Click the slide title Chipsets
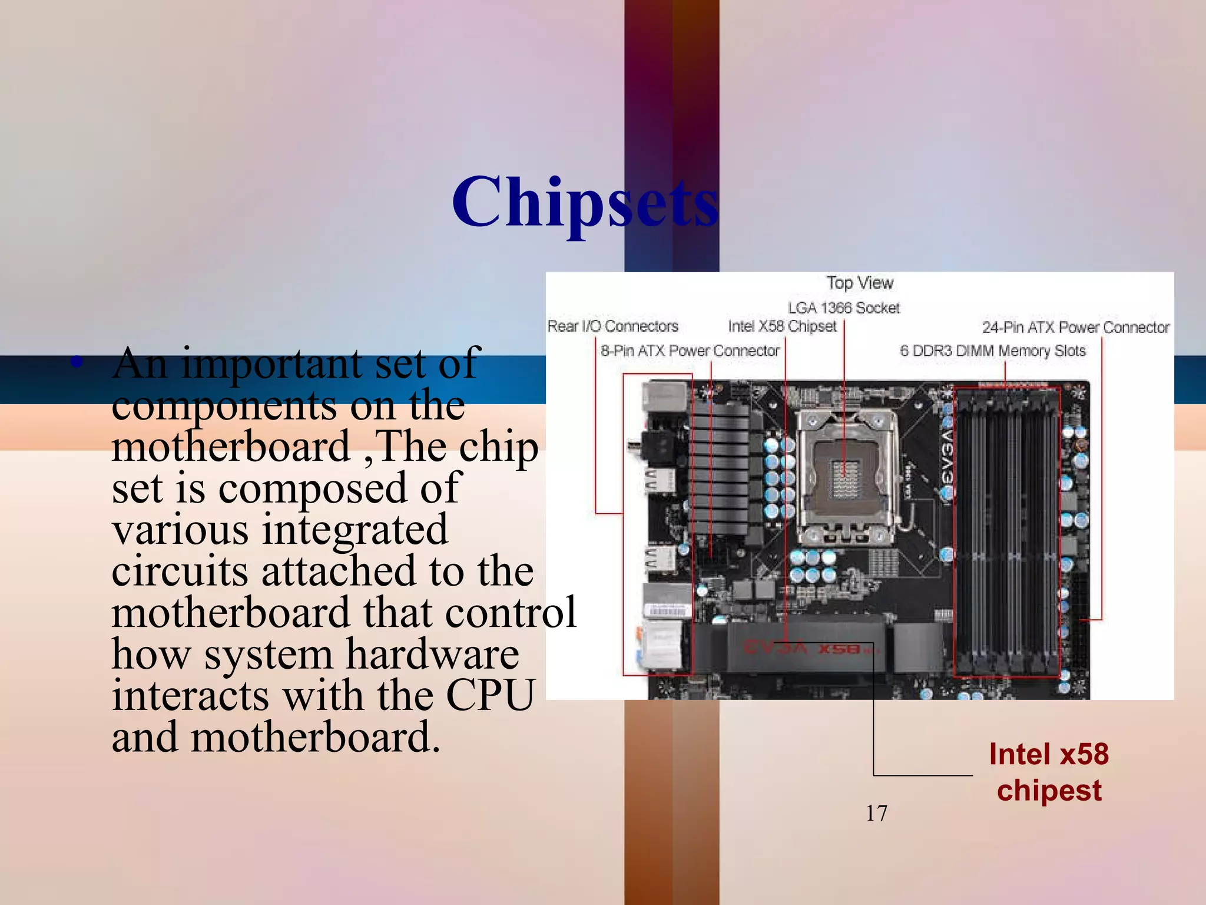click(x=585, y=202)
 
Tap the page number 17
click(x=876, y=814)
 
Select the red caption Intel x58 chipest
click(x=1049, y=772)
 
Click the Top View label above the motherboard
click(x=860, y=283)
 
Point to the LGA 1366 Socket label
click(x=844, y=308)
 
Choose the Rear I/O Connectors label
click(x=612, y=326)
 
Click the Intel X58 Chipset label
click(x=782, y=326)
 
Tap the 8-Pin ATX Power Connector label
click(x=690, y=351)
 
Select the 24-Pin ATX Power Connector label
click(x=1075, y=328)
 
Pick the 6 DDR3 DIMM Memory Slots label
click(x=993, y=351)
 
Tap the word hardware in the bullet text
click(x=432, y=655)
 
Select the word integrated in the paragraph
click(x=355, y=530)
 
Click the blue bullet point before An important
click(x=76, y=361)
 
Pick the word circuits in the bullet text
click(x=180, y=572)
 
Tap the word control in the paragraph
click(x=511, y=613)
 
